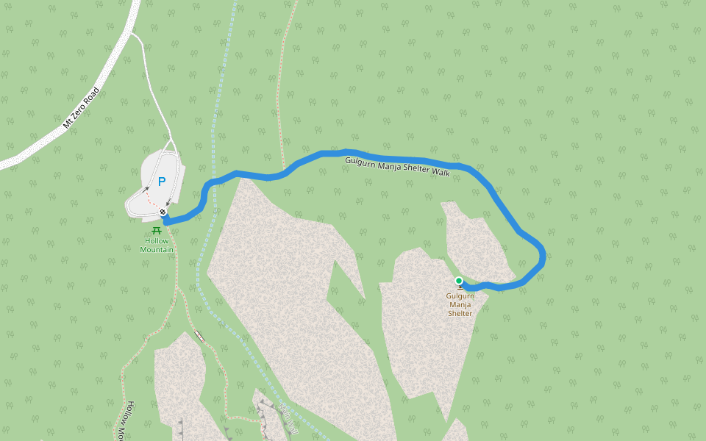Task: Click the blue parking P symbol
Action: click(x=162, y=182)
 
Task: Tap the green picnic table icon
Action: click(x=156, y=231)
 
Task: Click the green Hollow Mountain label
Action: click(x=157, y=245)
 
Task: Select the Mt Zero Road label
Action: click(x=81, y=108)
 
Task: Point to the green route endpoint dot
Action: click(x=459, y=281)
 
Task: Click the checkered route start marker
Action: click(x=163, y=212)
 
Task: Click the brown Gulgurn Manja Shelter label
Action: click(x=460, y=305)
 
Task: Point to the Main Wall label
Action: click(x=290, y=416)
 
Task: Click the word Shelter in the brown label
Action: click(x=460, y=314)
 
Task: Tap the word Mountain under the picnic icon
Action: click(x=157, y=250)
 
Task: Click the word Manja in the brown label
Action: click(x=460, y=305)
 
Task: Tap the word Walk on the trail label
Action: click(x=441, y=172)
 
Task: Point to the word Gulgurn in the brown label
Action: click(x=460, y=297)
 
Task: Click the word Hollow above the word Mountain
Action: click(x=157, y=241)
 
